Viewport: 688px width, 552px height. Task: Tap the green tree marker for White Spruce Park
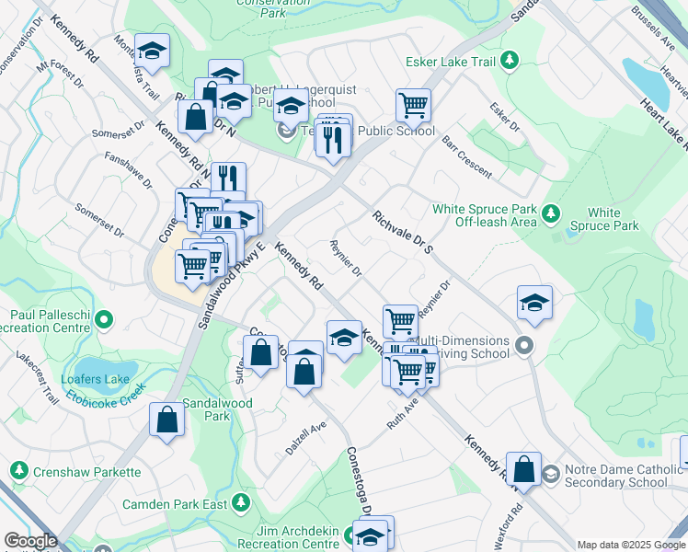pos(551,213)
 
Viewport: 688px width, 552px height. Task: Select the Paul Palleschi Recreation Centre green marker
pos(104,320)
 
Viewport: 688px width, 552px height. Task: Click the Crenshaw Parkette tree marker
pos(18,470)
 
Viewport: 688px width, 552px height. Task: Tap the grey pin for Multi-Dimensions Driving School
pos(524,347)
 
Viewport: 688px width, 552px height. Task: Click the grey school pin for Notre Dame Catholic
pos(550,474)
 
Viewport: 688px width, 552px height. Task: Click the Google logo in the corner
pos(30,541)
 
